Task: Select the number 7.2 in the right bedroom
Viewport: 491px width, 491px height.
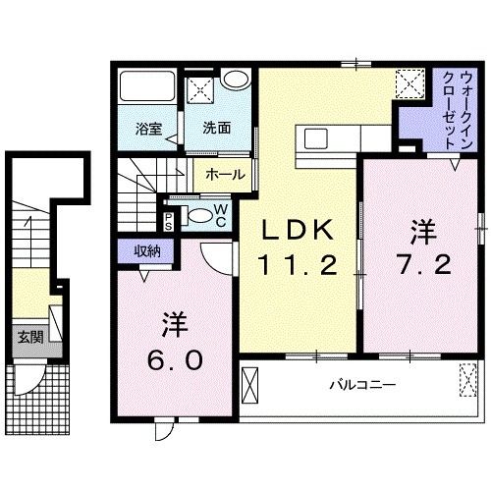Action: pos(423,264)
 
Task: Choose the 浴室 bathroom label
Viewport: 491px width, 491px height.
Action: pos(148,128)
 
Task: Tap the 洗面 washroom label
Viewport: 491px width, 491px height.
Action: pos(217,128)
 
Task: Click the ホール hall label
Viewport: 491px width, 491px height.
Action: pos(227,175)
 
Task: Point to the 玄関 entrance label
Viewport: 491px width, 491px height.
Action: pos(29,338)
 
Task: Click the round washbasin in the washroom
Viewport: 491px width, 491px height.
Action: pos(234,82)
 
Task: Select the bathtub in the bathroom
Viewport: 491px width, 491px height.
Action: pos(145,87)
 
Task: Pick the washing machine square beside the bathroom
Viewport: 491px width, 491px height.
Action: pos(201,87)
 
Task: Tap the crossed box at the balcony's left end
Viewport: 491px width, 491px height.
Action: pos(251,385)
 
